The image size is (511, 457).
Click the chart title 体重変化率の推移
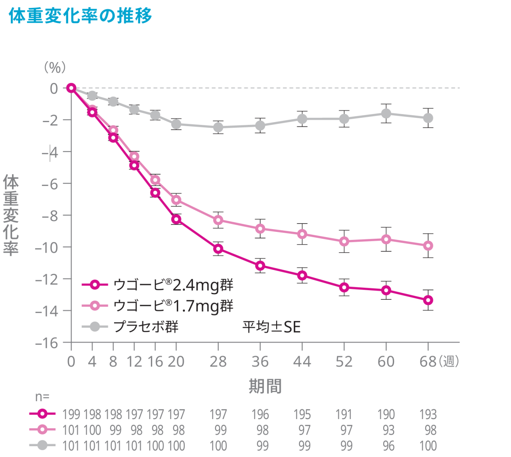click(x=80, y=16)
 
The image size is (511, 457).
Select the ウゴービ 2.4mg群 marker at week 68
click(x=428, y=300)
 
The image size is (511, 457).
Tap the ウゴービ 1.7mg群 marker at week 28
click(x=218, y=220)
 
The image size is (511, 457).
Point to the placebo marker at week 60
click(x=386, y=114)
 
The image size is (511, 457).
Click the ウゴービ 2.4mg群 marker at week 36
click(x=260, y=265)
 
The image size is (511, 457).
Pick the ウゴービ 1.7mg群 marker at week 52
click(x=344, y=241)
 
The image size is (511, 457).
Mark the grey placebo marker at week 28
click(x=218, y=127)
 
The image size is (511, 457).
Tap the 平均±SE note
click(x=271, y=327)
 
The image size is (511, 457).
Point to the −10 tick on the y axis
click(x=46, y=247)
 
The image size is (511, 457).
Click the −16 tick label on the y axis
click(x=46, y=343)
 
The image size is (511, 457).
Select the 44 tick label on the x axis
click(x=302, y=362)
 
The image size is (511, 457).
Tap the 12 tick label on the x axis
click(x=134, y=362)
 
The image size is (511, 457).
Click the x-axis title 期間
click(x=265, y=386)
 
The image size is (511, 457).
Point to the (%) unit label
click(x=55, y=67)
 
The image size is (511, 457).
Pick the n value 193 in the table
click(x=428, y=415)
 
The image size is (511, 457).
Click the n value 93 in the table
click(x=388, y=430)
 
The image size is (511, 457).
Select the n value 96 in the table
click(x=388, y=446)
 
